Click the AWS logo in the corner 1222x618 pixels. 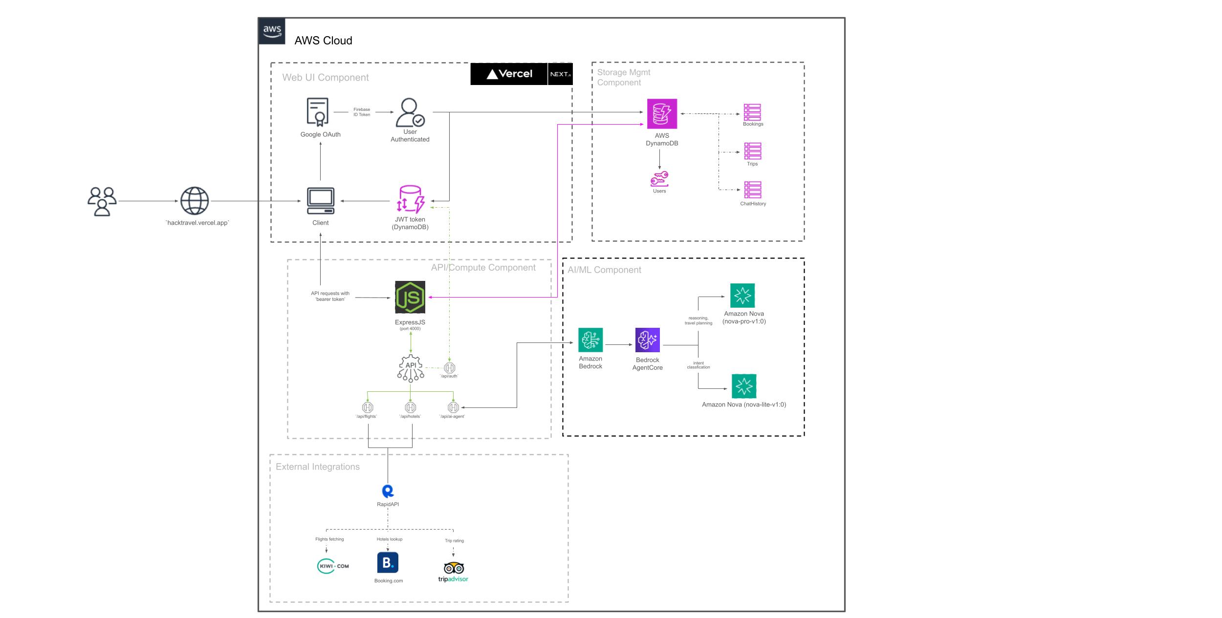[272, 31]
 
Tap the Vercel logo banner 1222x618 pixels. [509, 74]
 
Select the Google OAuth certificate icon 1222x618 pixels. [318, 112]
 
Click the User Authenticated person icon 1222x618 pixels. [410, 112]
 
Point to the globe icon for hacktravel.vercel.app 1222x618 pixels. [195, 201]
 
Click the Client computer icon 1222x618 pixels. [321, 201]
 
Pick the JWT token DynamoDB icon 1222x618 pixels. [410, 199]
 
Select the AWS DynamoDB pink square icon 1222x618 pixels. [662, 114]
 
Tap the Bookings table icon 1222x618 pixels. [752, 112]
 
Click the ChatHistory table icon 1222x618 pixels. [753, 190]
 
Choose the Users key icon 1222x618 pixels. [659, 179]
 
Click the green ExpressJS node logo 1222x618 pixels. [410, 297]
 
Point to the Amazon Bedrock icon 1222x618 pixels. [590, 340]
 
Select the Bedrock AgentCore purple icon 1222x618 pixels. [648, 340]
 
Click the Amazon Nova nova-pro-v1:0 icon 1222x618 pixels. [742, 296]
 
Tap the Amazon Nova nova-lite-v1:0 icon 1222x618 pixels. [744, 386]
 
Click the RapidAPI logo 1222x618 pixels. [388, 491]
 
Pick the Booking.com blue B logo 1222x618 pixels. [388, 563]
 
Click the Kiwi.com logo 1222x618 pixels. [333, 566]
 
